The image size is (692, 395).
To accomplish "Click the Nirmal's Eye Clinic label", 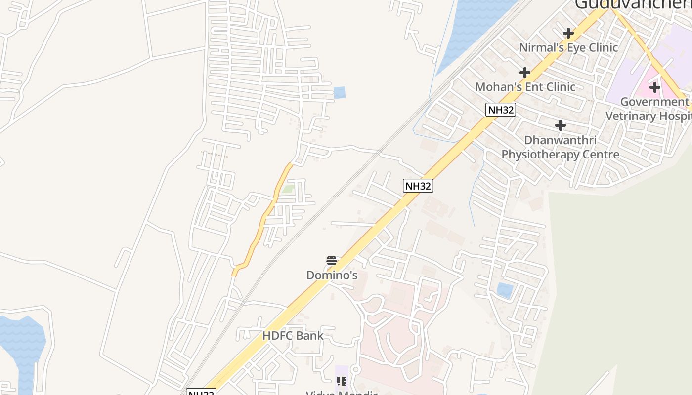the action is [x=568, y=47].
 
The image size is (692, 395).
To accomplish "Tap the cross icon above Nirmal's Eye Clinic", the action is [x=568, y=33].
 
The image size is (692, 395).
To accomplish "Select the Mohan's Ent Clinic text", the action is [x=525, y=87].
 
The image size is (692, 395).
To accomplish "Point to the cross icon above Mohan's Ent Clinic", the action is [x=525, y=73].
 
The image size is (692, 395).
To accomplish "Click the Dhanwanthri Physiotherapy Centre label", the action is [x=560, y=147].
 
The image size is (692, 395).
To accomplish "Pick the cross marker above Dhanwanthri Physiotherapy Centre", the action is [x=560, y=125].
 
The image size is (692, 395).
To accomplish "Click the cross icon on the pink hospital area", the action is [x=655, y=87].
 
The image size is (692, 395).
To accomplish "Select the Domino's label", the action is [x=332, y=275].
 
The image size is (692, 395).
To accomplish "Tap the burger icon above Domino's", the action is [x=332, y=261].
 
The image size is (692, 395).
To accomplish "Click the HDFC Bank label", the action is [x=293, y=336].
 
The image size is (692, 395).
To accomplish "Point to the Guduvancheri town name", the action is [x=633, y=4].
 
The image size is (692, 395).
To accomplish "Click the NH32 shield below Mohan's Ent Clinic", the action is [x=501, y=110].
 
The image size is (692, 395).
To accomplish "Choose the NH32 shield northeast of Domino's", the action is [x=418, y=186].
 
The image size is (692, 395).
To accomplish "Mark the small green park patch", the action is [x=288, y=189].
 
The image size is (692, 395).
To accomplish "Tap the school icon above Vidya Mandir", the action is [x=342, y=381].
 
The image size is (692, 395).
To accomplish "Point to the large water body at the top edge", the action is [x=475, y=25].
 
